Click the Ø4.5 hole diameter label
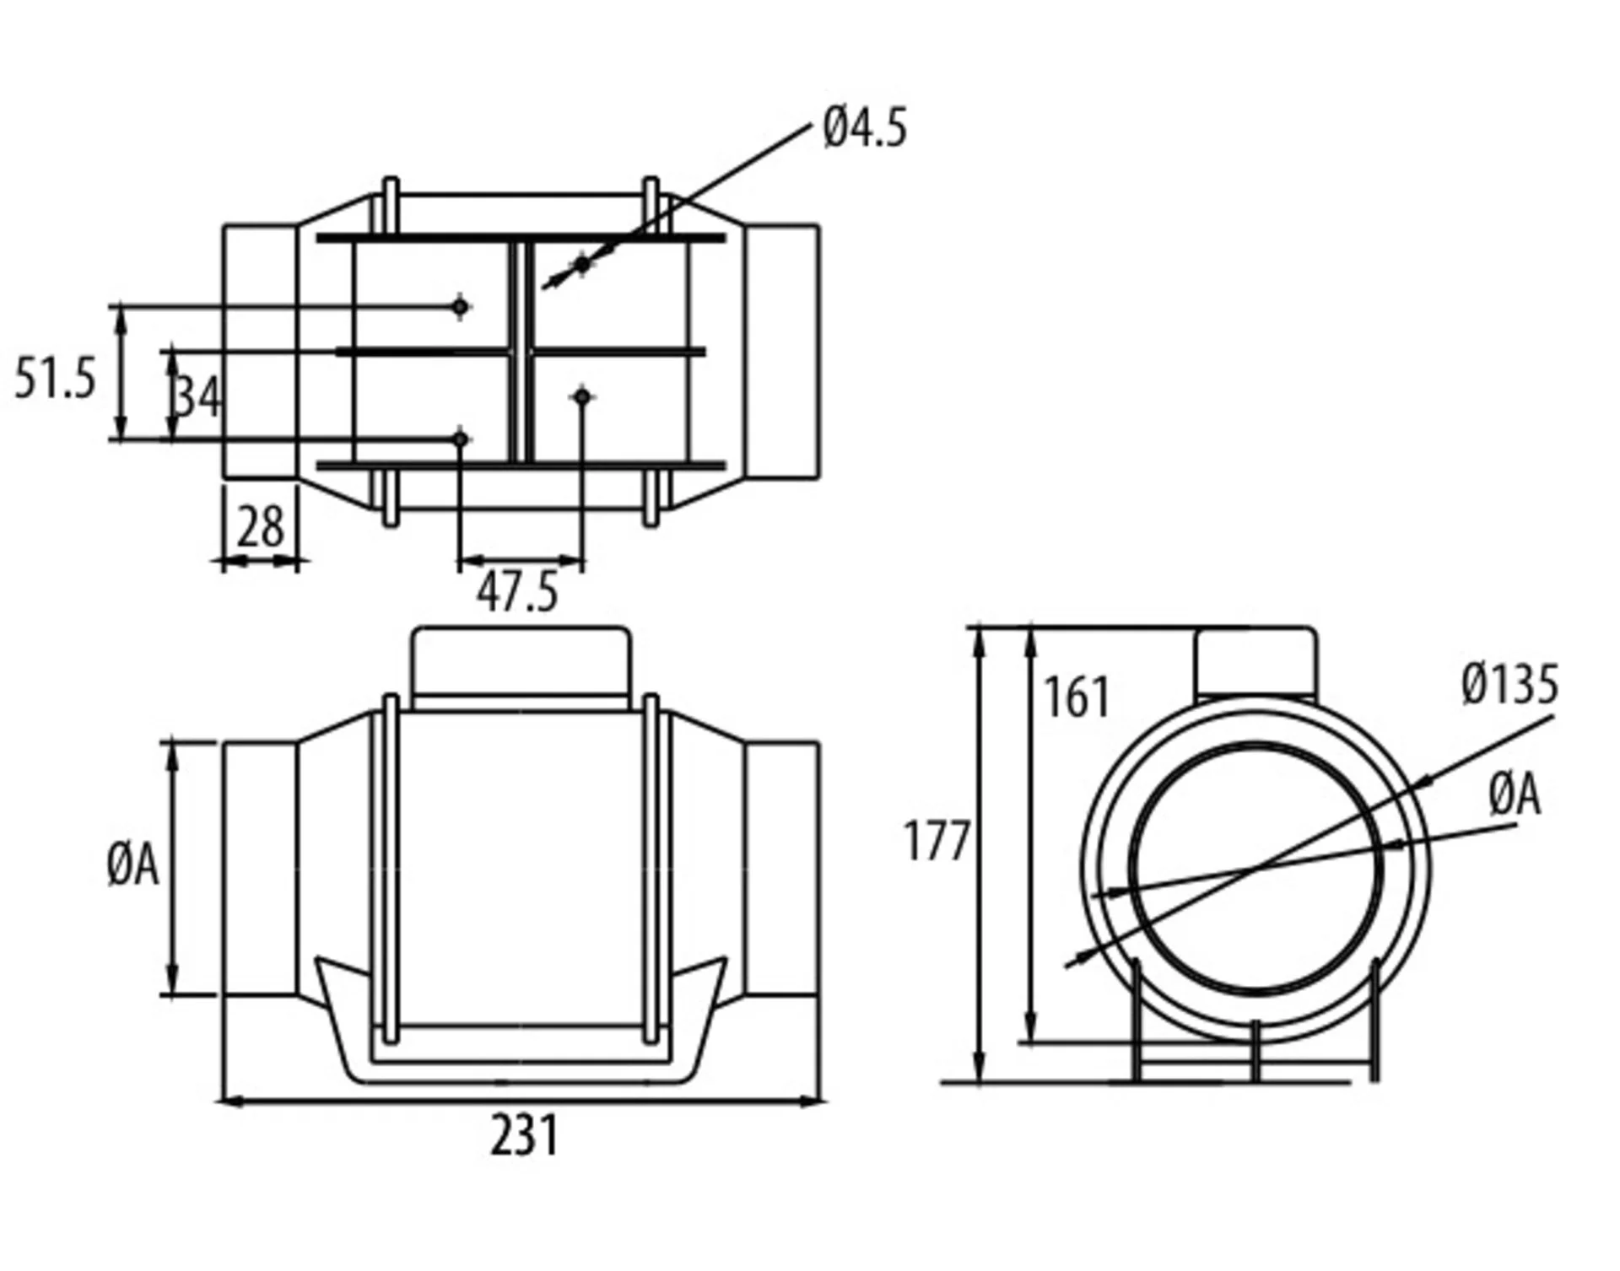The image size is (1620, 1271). pos(865,129)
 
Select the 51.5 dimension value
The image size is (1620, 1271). pos(56,378)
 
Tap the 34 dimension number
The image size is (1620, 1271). pos(197,396)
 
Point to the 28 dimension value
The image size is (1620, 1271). pos(260,529)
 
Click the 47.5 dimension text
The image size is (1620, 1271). pos(517,592)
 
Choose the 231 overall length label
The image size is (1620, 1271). pos(524,1135)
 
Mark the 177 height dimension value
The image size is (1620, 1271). pos(936,841)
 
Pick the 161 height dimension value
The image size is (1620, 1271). pos(1076,697)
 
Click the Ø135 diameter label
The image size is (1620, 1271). pos(1509,684)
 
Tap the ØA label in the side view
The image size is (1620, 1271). pos(133,865)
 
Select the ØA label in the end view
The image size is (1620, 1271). pos(1515,795)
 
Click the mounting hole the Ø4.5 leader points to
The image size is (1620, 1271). pos(582,265)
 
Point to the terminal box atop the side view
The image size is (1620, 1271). pos(521,664)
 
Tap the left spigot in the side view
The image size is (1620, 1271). pos(260,869)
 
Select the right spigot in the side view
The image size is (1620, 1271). pos(782,869)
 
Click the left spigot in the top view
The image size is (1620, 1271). pos(260,352)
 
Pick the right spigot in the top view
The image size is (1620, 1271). pos(782,352)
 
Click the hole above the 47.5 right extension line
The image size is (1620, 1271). pos(582,396)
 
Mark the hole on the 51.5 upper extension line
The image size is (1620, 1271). pos(460,307)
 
